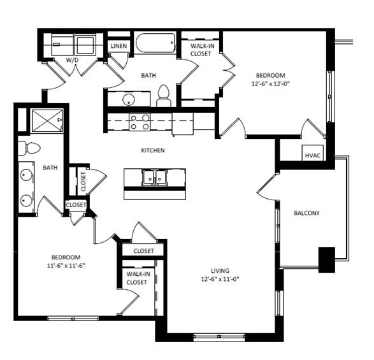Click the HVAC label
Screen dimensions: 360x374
pyautogui.click(x=312, y=155)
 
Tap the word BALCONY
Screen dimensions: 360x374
pyautogui.click(x=306, y=213)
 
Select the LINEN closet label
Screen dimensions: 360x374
pyautogui.click(x=119, y=47)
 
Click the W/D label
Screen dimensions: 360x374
pyautogui.click(x=73, y=59)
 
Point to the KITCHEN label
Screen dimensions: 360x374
pyautogui.click(x=153, y=150)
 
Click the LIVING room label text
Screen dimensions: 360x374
pyautogui.click(x=219, y=270)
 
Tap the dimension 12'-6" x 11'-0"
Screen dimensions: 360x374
pyautogui.click(x=220, y=278)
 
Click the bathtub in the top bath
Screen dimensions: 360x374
pyautogui.click(x=155, y=45)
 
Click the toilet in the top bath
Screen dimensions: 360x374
pyautogui.click(x=163, y=95)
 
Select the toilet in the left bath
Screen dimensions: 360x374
pyautogui.click(x=30, y=148)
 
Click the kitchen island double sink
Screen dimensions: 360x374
pyautogui.click(x=155, y=177)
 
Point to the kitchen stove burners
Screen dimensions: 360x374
pyautogui.click(x=139, y=121)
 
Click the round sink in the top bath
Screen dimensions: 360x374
pyautogui.click(x=129, y=99)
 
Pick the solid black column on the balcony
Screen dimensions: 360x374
pyautogui.click(x=326, y=259)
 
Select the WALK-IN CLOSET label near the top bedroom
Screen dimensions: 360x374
pyautogui.click(x=201, y=50)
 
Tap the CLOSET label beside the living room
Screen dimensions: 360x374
pyautogui.click(x=144, y=250)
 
